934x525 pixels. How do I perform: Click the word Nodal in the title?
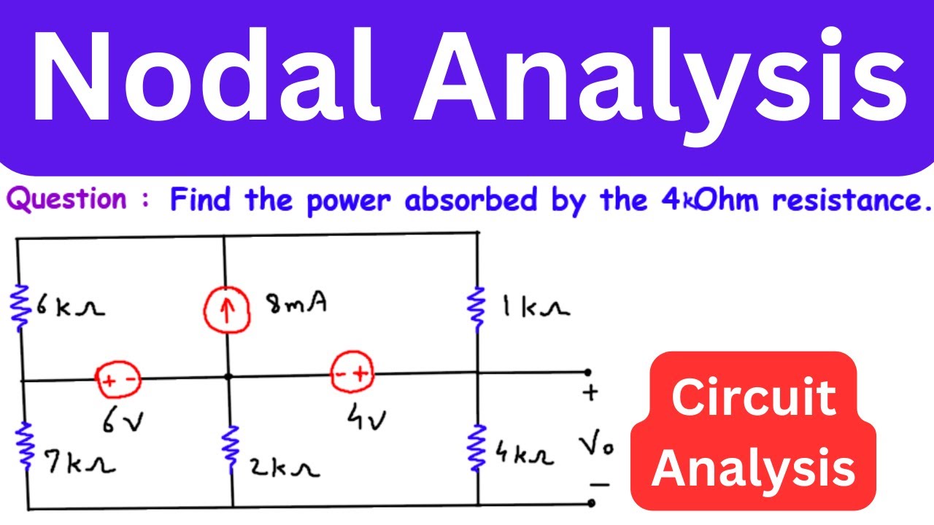click(206, 75)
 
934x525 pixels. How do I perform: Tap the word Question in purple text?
click(66, 199)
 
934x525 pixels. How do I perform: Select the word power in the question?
click(349, 201)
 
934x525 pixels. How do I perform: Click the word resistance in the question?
click(852, 200)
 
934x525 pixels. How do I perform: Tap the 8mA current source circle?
click(226, 310)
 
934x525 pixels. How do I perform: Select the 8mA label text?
click(297, 303)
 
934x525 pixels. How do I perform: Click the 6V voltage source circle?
click(118, 378)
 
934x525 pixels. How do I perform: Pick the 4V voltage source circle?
click(352, 372)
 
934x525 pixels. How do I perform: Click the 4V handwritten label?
click(367, 416)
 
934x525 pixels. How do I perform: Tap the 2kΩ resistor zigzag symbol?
click(231, 450)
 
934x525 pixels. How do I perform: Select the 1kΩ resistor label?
click(536, 308)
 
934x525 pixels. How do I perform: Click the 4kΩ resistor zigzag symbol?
click(476, 448)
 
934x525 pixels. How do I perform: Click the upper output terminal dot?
click(588, 372)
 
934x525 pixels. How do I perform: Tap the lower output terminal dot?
click(591, 503)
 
